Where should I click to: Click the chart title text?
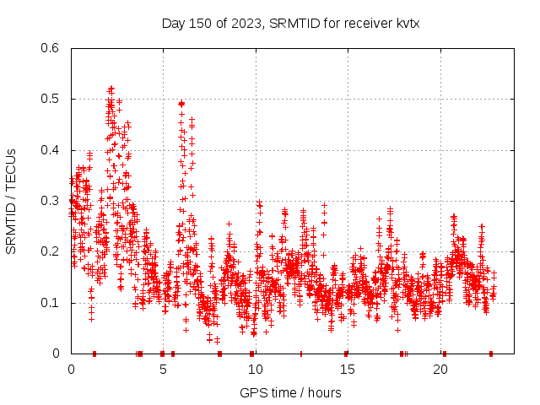(x=290, y=23)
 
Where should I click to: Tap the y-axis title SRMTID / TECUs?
(x=11, y=201)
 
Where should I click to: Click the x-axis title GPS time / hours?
(x=290, y=392)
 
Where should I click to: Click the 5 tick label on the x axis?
(x=163, y=369)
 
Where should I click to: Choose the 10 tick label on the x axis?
(x=256, y=369)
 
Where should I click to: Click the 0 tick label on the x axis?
(x=71, y=369)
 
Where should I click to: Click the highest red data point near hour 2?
(x=111, y=88)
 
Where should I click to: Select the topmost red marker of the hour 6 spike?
(x=181, y=104)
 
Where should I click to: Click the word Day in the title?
(x=173, y=23)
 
